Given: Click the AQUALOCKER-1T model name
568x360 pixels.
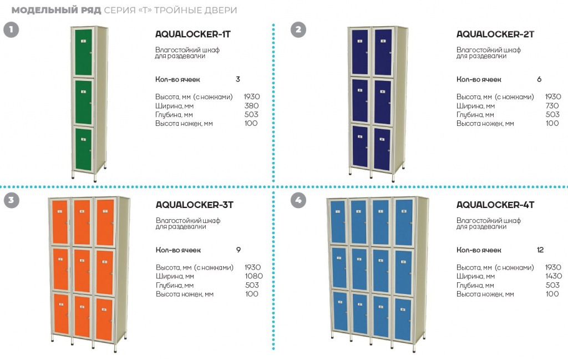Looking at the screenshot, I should pyautogui.click(x=193, y=34).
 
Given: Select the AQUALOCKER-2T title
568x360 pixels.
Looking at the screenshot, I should pyautogui.click(x=495, y=34).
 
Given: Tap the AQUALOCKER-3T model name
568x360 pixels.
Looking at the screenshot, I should pyautogui.click(x=194, y=205).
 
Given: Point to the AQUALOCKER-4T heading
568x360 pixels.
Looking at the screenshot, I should pyautogui.click(x=495, y=205).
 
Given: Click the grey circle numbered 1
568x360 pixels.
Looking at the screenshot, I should pyautogui.click(x=11, y=30).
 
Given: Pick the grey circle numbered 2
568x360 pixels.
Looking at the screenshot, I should pyautogui.click(x=298, y=30).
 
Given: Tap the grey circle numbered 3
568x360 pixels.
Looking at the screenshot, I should pyautogui.click(x=11, y=200).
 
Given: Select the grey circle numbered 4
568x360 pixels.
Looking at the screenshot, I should pyautogui.click(x=298, y=200).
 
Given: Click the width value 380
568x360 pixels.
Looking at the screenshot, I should pyautogui.click(x=251, y=105).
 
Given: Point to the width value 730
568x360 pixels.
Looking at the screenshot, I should pyautogui.click(x=552, y=105).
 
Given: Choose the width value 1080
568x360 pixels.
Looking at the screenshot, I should pyautogui.click(x=253, y=276).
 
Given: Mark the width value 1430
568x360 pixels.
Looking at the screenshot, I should pyautogui.click(x=553, y=276).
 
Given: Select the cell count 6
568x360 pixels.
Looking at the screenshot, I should pyautogui.click(x=539, y=79).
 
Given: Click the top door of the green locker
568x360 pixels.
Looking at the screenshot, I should pyautogui.click(x=83, y=52).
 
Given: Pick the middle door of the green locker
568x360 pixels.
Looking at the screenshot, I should pyautogui.click(x=83, y=102).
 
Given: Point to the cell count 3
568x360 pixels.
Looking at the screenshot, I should pyautogui.click(x=238, y=79).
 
